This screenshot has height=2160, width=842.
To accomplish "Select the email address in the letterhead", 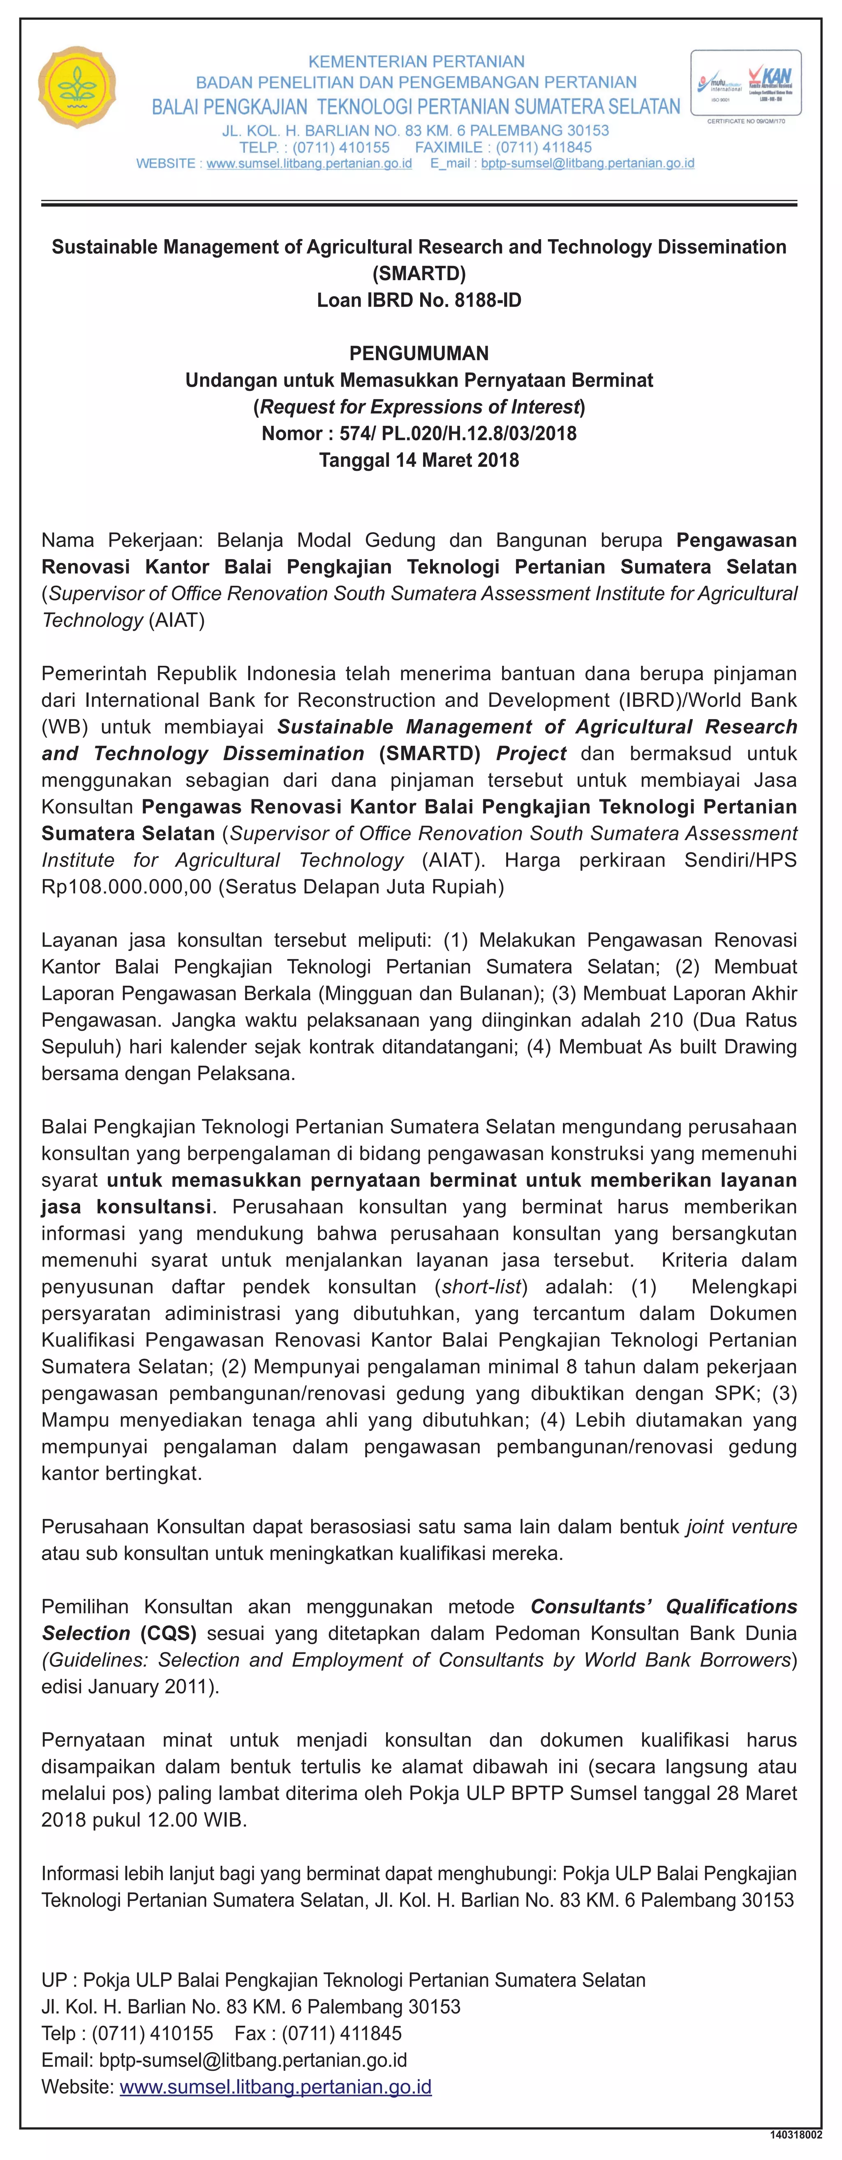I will click(x=587, y=164).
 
